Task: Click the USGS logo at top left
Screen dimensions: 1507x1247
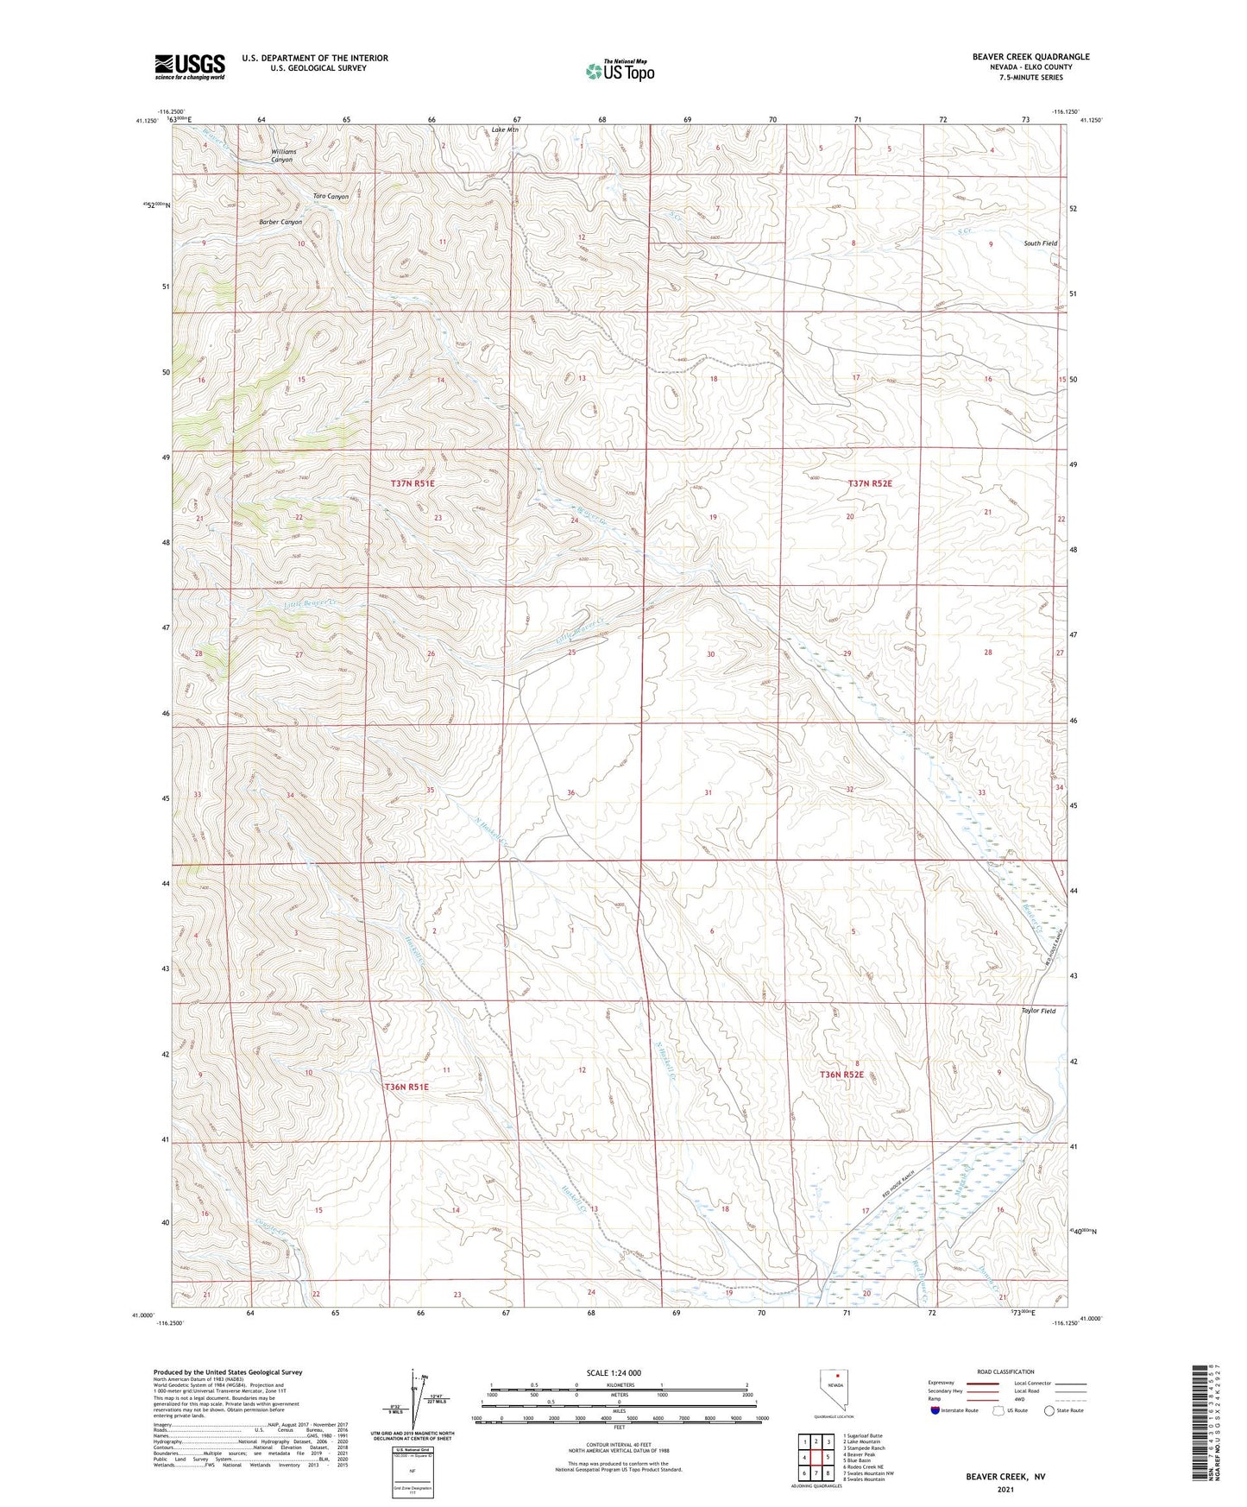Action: pos(189,66)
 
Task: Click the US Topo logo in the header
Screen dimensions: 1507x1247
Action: pos(619,71)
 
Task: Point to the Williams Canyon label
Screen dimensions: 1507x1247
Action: pos(283,155)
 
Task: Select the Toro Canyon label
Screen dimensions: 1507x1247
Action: pos(331,197)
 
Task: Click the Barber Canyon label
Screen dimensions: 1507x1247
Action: pos(280,222)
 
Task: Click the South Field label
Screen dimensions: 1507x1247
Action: pos(1040,243)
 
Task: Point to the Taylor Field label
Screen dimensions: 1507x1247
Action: pos(1038,1011)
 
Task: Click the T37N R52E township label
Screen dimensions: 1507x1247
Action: pos(869,484)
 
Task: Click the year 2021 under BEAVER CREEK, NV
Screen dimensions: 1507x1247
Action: pos(1005,1489)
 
